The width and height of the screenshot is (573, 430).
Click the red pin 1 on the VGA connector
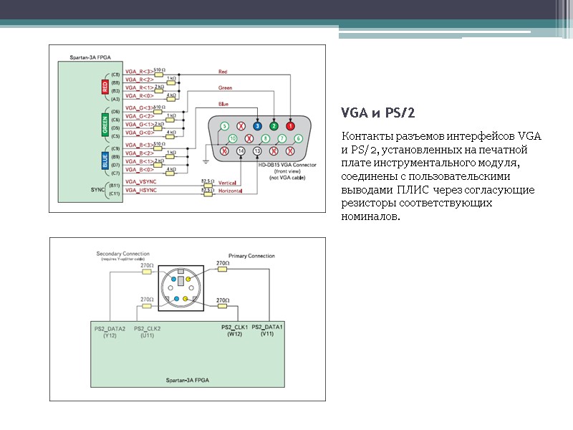click(290, 125)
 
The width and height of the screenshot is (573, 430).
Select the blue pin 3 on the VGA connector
click(257, 125)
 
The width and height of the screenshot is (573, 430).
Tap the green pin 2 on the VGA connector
click(274, 125)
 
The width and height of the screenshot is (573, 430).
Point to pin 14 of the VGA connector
click(240, 151)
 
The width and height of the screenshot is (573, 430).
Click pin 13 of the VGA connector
click(256, 151)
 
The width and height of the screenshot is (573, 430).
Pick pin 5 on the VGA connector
click(223, 125)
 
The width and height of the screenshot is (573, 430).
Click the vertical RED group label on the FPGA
click(105, 87)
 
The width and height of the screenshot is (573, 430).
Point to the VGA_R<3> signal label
click(139, 72)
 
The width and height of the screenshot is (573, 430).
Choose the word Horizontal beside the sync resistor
click(231, 192)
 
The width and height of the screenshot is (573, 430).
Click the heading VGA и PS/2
click(379, 115)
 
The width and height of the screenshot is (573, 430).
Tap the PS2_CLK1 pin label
click(235, 327)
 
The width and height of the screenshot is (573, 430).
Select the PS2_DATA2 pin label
click(110, 328)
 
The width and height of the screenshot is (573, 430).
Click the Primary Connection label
click(251, 256)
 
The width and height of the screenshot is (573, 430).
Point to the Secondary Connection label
click(123, 254)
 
